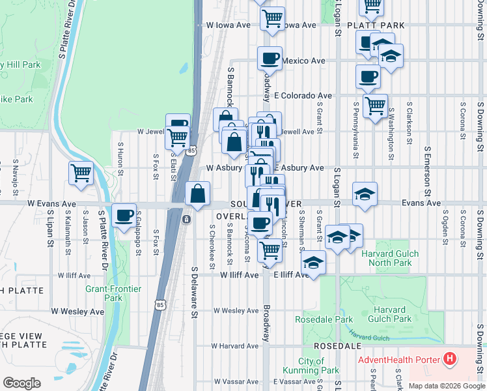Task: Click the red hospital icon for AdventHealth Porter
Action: coord(449,359)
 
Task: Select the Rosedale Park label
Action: coord(324,319)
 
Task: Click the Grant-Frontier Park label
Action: coord(104,293)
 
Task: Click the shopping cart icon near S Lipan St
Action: coord(81,173)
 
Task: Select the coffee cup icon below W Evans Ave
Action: coord(124,215)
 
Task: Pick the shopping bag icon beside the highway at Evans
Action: coord(197,194)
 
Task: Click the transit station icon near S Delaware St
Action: coord(186,220)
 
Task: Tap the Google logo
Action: coord(21,383)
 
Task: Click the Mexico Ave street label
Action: coord(303,61)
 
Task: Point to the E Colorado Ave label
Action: coord(302,95)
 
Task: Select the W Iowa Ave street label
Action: coord(228,25)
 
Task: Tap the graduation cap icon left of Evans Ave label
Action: coord(365,194)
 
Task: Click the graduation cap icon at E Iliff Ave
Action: coord(313,263)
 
